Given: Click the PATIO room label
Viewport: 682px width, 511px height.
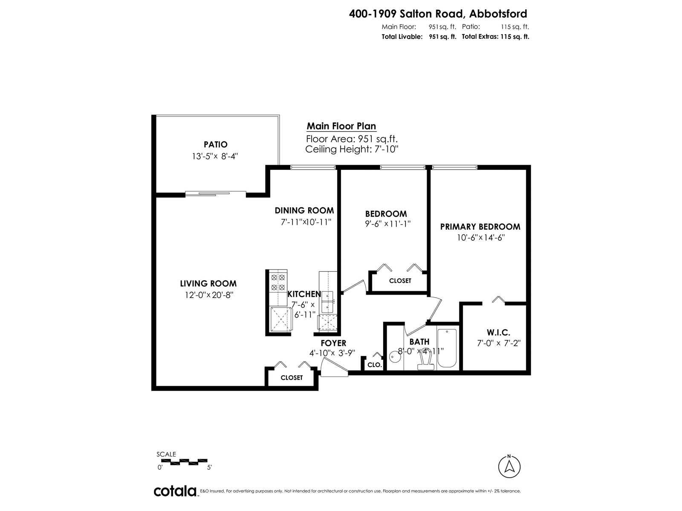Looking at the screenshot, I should coord(215,144).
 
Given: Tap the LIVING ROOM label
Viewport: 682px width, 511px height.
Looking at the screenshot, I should coord(208,283).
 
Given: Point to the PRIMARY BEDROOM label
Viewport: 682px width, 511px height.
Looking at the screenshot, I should coord(480,227).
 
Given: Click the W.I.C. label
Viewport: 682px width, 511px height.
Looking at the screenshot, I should coord(498,333).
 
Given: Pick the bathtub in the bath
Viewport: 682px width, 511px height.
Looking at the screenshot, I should coord(447,349).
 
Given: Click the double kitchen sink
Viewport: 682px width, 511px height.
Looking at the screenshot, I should coord(327,301).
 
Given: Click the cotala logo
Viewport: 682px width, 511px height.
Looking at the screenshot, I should coord(175,491).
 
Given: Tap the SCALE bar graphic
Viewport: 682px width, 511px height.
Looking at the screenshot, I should coord(182,461).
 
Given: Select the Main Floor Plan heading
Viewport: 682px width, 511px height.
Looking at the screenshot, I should coord(341,126).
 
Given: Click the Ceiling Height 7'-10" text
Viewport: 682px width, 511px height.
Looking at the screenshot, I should coord(352,149).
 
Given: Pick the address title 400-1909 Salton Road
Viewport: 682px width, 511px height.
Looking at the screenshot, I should coord(438,14).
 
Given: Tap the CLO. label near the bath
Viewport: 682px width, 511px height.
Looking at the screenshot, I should coord(374,365).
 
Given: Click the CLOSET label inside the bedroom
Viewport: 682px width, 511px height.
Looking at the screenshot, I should coord(400,281).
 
